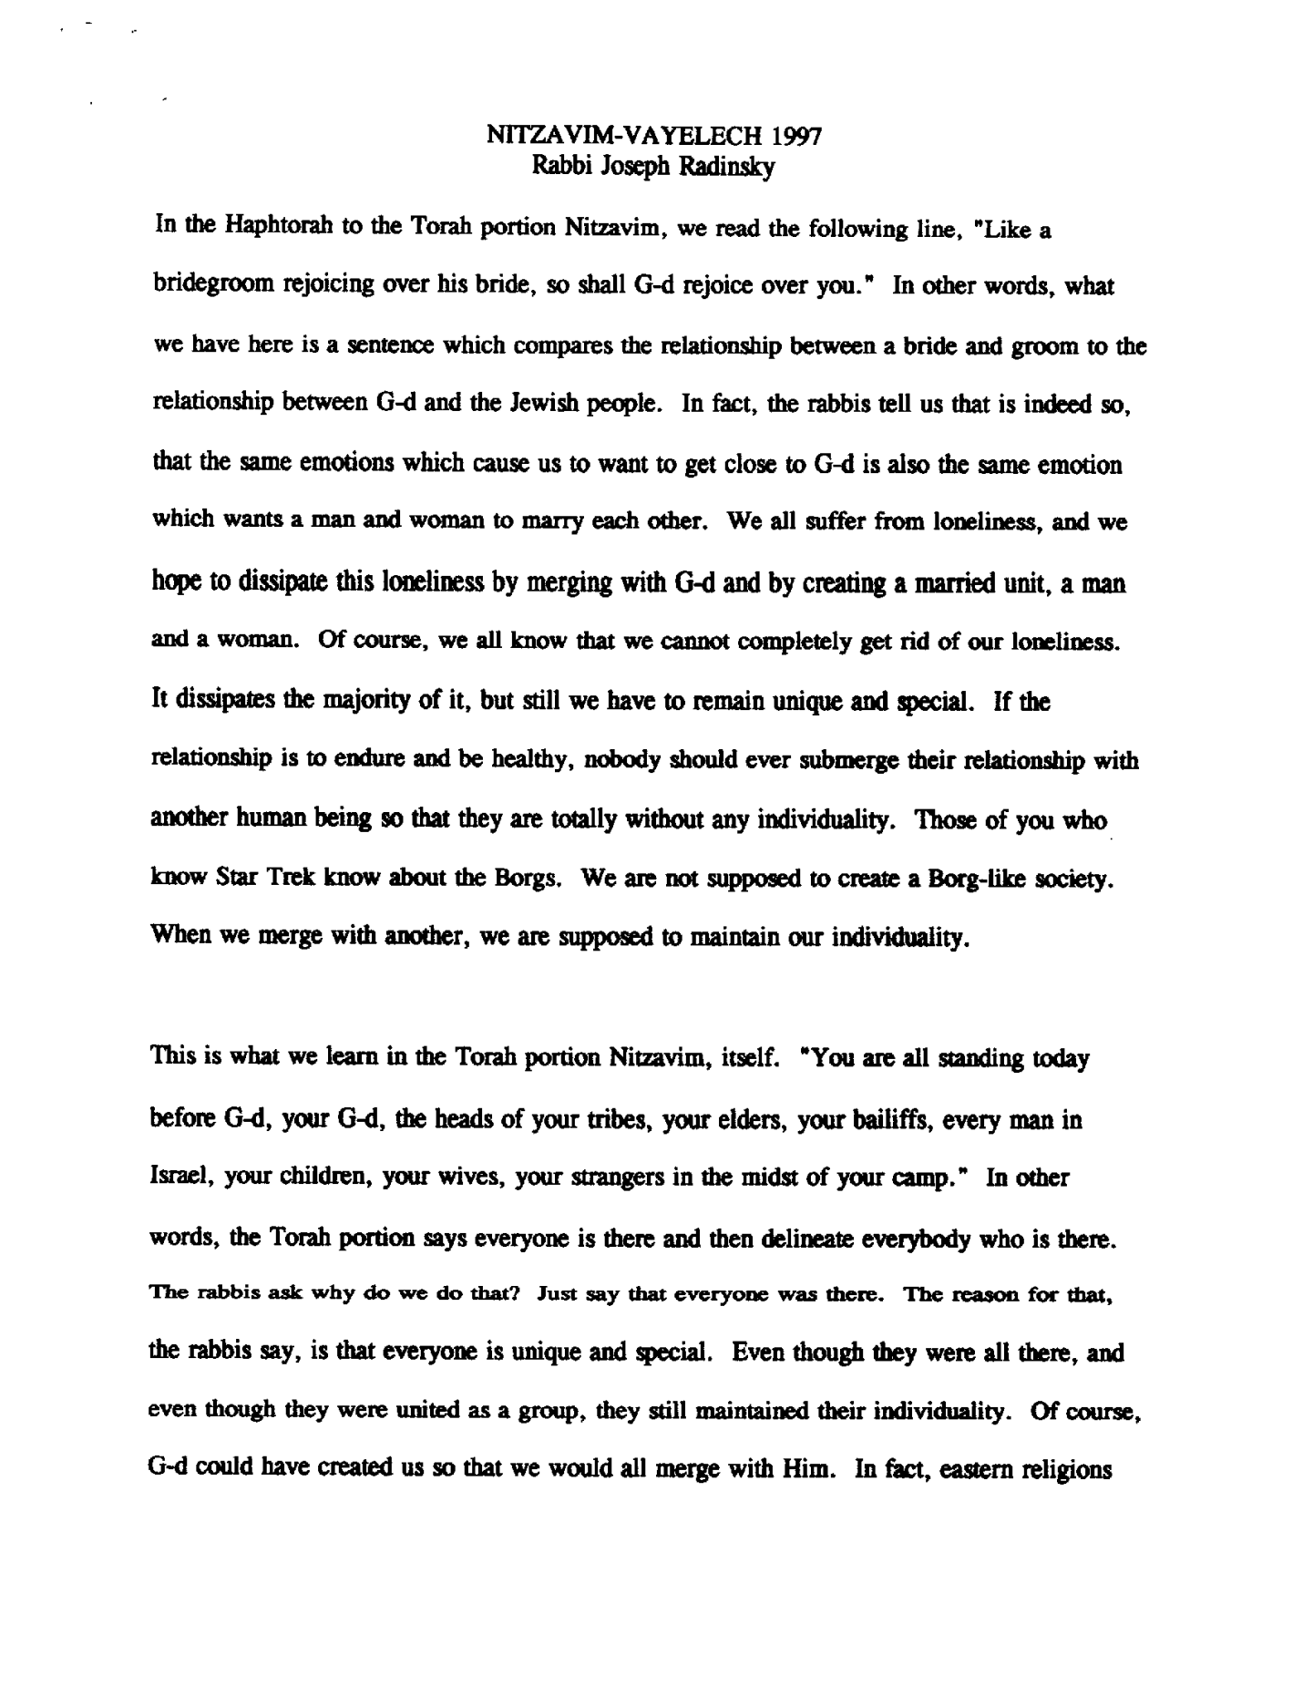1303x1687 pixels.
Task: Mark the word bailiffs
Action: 865,1119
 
